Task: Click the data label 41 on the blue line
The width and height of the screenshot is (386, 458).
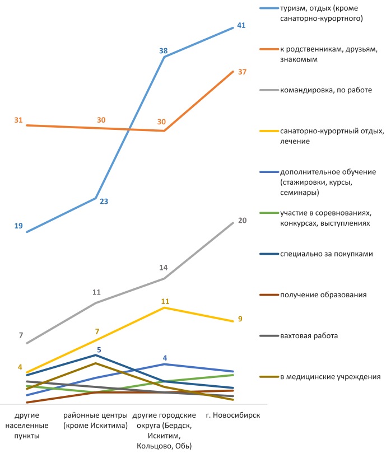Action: pyautogui.click(x=241, y=26)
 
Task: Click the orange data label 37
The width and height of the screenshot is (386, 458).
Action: pyautogui.click(x=242, y=72)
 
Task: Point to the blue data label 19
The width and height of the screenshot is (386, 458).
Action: pyautogui.click(x=18, y=226)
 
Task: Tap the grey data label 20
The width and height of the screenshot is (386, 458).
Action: pyautogui.click(x=242, y=221)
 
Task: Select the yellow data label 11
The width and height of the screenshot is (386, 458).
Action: pyautogui.click(x=165, y=302)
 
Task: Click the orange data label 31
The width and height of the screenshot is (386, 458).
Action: pyautogui.click(x=18, y=120)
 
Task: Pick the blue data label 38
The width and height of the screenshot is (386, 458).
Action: pyautogui.click(x=164, y=51)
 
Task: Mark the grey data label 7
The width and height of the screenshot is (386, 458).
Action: pyautogui.click(x=21, y=336)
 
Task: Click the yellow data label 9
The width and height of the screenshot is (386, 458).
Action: pyautogui.click(x=240, y=319)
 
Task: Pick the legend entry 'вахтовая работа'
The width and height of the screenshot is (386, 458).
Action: pyautogui.click(x=309, y=336)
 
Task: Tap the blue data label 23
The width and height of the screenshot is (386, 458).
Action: pyautogui.click(x=104, y=202)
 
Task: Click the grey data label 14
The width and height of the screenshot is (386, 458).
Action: pyautogui.click(x=163, y=268)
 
